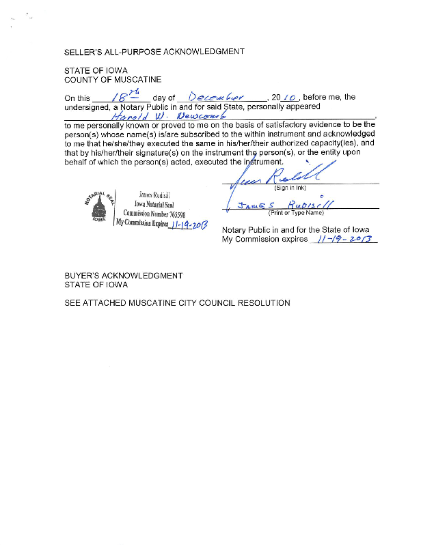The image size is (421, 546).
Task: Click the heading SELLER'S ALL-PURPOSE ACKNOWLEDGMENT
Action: coord(154,51)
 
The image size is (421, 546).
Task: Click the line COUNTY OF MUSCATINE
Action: coord(113,80)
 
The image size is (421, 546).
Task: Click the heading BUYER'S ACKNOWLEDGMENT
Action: coord(124,276)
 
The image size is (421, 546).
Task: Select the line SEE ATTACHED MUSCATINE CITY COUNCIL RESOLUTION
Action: coord(177,303)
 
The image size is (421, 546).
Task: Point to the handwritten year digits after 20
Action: coord(289,97)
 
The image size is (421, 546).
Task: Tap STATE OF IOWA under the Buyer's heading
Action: coord(96,285)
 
